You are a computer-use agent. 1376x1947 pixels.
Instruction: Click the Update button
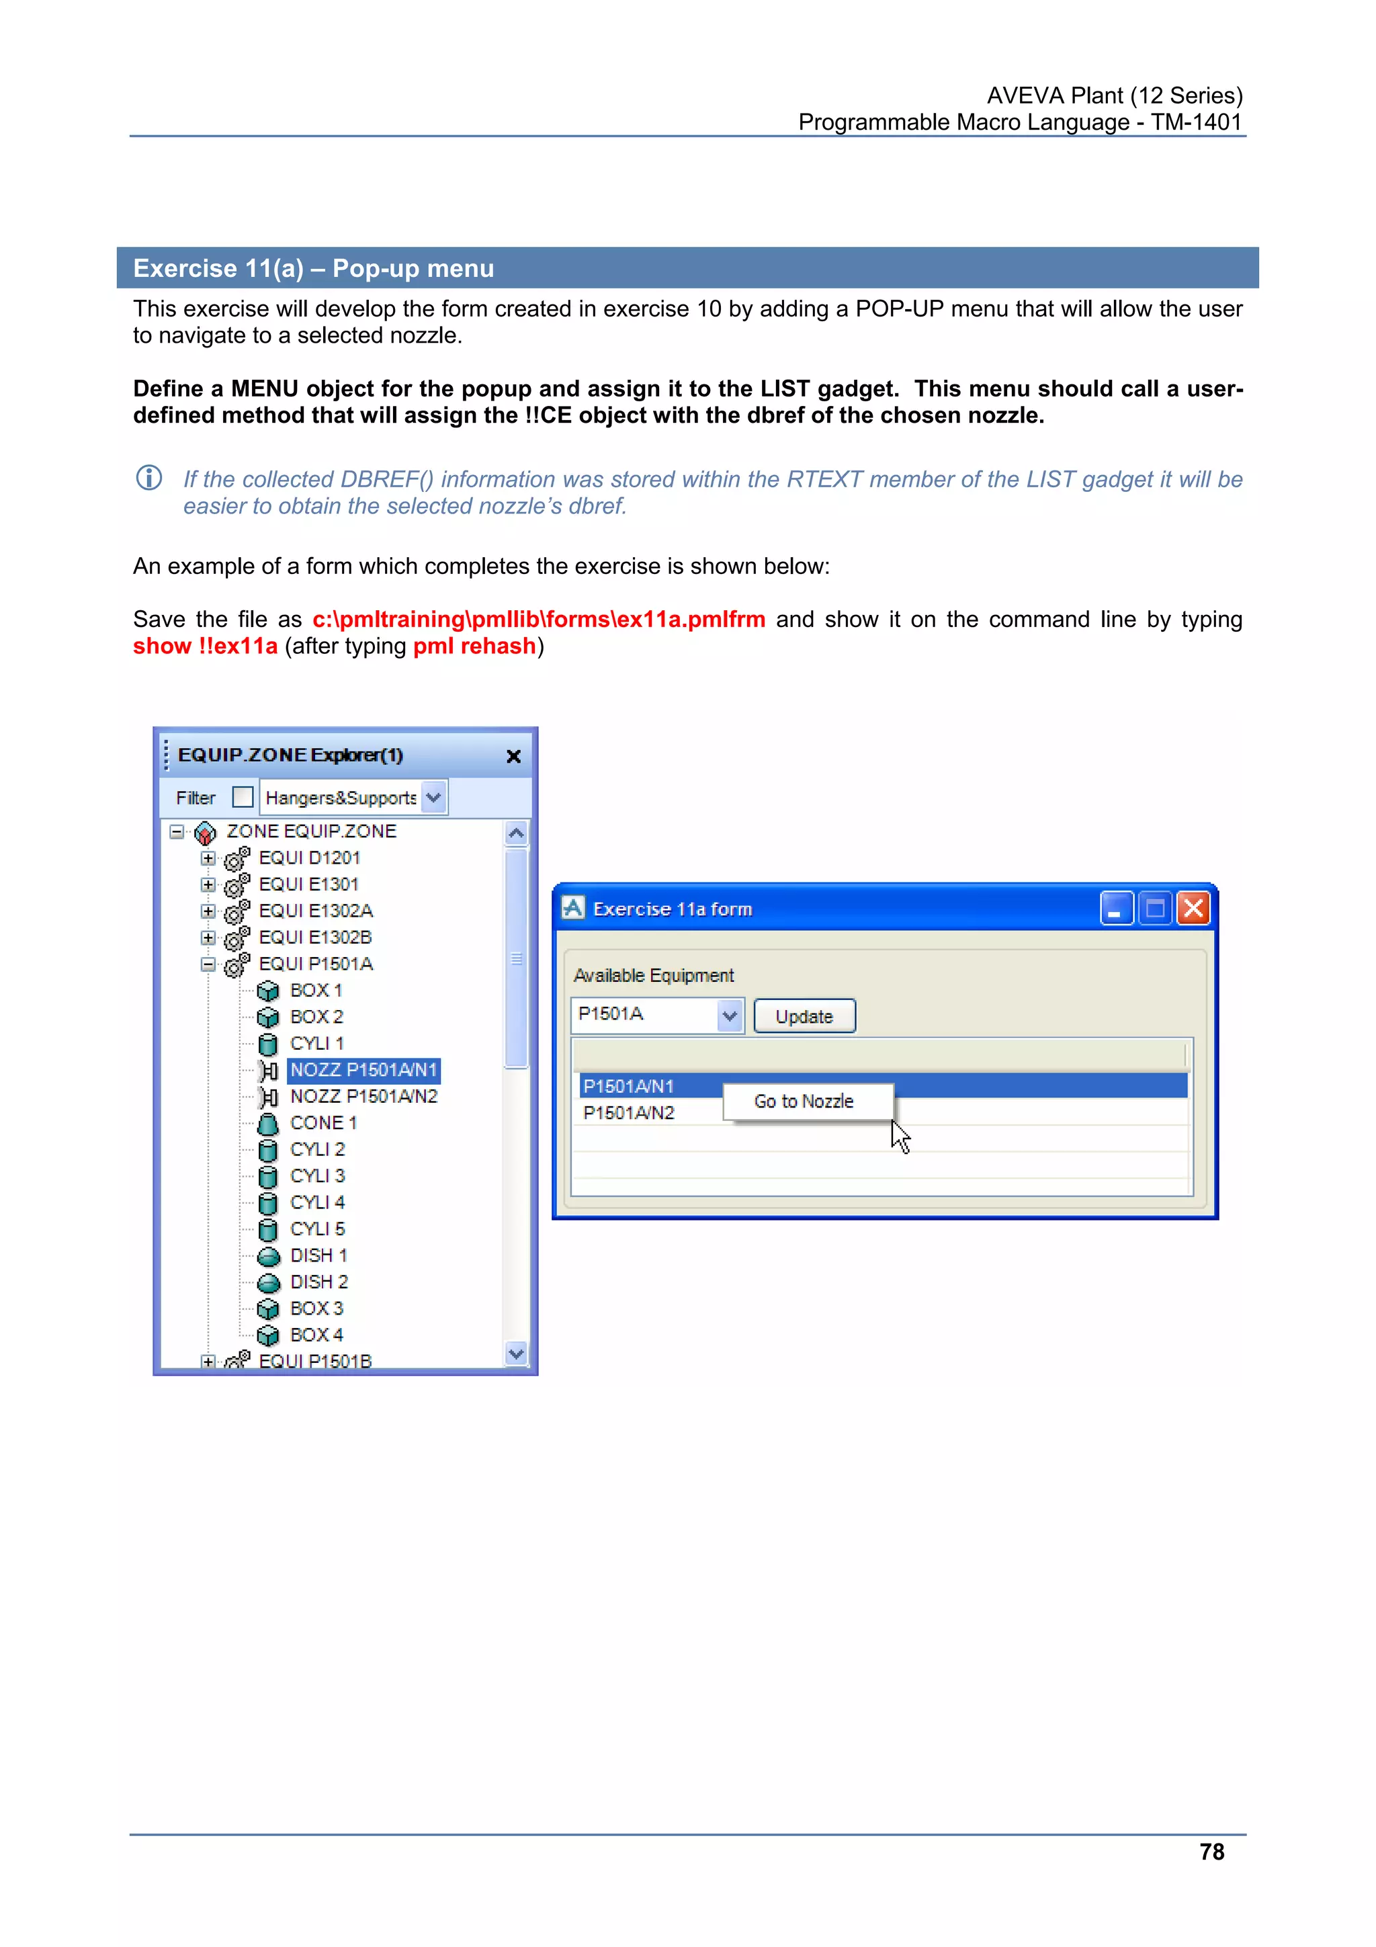804,1016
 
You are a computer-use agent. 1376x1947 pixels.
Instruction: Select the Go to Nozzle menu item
804,1101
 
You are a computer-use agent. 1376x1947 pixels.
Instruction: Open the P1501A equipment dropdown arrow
729,1015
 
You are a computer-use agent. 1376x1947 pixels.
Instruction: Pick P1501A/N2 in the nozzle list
629,1112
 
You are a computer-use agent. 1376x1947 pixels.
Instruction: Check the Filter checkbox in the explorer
243,797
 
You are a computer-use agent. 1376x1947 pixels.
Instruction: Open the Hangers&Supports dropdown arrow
433,797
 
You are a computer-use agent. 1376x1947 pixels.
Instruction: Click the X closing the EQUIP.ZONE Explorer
513,756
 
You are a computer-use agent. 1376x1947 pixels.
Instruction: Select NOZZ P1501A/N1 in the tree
363,1070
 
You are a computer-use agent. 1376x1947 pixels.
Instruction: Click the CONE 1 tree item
323,1123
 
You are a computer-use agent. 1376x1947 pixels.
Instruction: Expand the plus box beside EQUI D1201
208,858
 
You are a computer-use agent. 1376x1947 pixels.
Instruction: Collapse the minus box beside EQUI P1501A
208,964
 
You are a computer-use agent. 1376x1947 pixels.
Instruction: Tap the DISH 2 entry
318,1282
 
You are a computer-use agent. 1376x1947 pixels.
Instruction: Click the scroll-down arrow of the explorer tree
515,1354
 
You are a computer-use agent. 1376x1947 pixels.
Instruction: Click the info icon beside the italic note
149,479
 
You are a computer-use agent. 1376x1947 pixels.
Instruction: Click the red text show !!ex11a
205,646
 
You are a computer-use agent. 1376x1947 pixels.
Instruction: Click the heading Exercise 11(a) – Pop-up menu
314,268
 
